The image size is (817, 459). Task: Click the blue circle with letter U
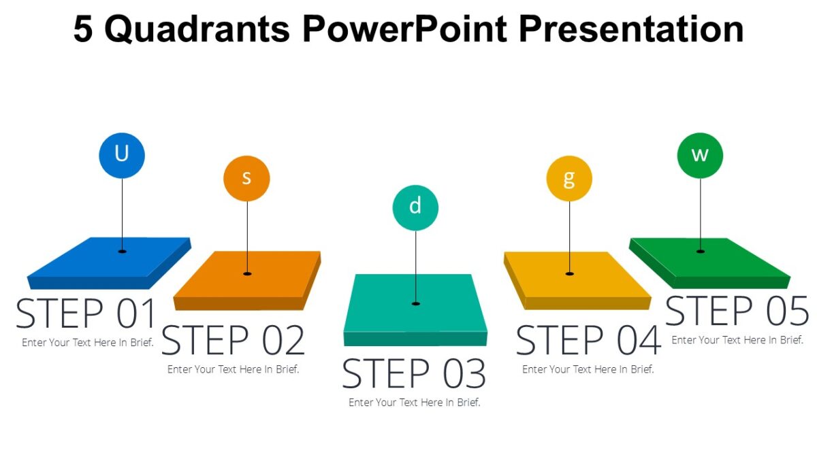coord(122,155)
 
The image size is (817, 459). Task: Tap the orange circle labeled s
coord(246,178)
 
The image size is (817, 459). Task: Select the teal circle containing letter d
coord(415,207)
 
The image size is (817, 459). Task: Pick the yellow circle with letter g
coord(569,179)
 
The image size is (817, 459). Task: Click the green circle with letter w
coord(700,156)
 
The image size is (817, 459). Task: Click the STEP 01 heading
coord(86,313)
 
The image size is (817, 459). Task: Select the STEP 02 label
coord(233,341)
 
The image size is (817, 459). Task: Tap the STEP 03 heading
coord(414,374)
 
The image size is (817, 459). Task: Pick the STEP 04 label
coord(588,341)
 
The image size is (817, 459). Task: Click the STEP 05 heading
coord(737,311)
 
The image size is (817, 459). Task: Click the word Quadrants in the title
coord(198,29)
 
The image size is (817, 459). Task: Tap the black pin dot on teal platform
coord(415,303)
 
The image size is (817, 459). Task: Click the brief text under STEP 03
coord(414,403)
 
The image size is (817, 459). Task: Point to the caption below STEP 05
coord(737,340)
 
